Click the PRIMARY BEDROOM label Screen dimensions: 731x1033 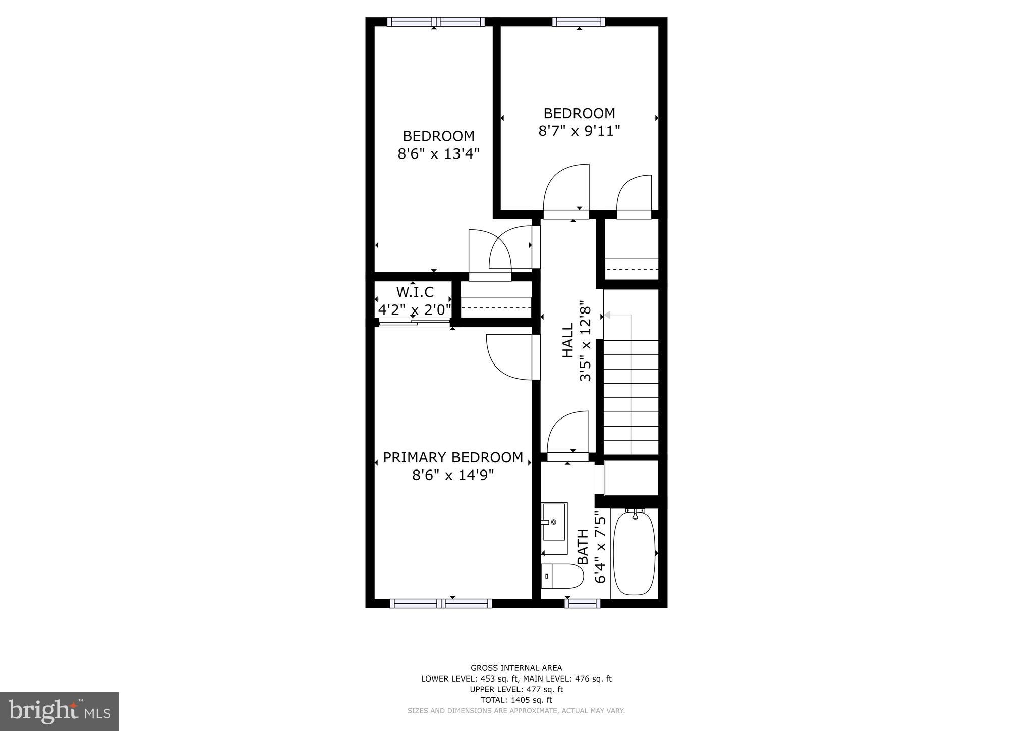(x=453, y=457)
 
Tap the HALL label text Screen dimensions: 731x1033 (x=568, y=341)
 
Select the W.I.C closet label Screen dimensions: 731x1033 (x=415, y=292)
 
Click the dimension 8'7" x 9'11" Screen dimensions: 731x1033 (x=579, y=131)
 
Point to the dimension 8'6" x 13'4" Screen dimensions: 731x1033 (x=438, y=153)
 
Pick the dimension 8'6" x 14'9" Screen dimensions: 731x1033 (x=453, y=475)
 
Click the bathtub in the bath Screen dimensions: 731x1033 (x=634, y=553)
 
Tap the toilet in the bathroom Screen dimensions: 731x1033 (x=562, y=576)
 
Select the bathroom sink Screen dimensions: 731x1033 (x=554, y=521)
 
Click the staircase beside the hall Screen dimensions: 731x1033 (x=631, y=397)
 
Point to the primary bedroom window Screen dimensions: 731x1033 (x=441, y=603)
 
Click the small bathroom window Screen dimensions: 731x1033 (x=583, y=603)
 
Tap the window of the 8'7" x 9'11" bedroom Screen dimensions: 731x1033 (x=579, y=22)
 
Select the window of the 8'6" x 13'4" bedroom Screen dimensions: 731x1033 (x=436, y=22)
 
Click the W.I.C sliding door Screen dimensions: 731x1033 (x=414, y=322)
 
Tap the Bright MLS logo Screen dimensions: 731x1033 (x=59, y=711)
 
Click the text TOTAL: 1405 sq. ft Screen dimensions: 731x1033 (x=516, y=700)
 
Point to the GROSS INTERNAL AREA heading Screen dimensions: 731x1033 (x=516, y=668)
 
